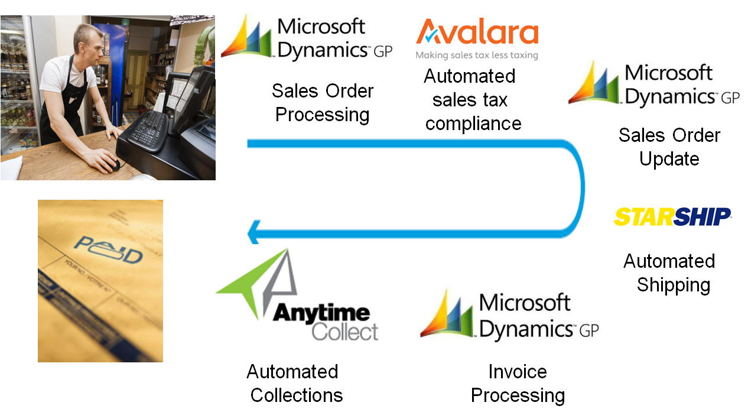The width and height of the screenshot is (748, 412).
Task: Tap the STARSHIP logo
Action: pyautogui.click(x=672, y=217)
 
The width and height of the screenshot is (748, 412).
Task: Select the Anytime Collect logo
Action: pyautogui.click(x=297, y=294)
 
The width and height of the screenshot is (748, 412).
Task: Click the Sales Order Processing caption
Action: pyautogui.click(x=323, y=103)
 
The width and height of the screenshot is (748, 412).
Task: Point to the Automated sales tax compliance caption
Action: pyautogui.click(x=471, y=100)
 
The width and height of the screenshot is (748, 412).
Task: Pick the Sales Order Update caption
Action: pyautogui.click(x=669, y=147)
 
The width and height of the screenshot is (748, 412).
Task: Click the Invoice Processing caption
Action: pyautogui.click(x=518, y=383)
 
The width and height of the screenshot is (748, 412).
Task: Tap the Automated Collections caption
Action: pyautogui.click(x=294, y=383)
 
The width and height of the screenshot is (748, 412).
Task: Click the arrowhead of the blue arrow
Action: pyautogui.click(x=253, y=231)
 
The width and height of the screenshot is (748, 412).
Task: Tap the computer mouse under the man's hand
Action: pyautogui.click(x=115, y=164)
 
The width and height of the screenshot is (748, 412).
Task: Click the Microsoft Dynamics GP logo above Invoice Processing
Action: pyautogui.click(x=509, y=317)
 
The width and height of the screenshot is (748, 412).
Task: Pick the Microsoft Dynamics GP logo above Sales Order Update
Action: pyautogui.click(x=654, y=86)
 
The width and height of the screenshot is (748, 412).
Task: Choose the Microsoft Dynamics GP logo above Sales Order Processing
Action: pyautogui.click(x=307, y=39)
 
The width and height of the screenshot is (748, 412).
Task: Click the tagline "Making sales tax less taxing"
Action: pyautogui.click(x=477, y=56)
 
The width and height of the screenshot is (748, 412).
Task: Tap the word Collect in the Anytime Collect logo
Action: pyautogui.click(x=345, y=331)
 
